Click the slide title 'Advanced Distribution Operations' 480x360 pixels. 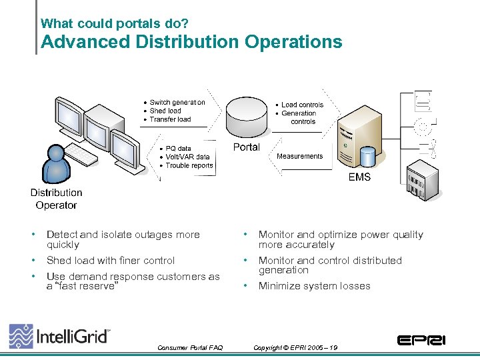click(x=191, y=42)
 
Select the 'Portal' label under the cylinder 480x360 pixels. click(x=246, y=147)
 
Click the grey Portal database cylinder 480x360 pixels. click(x=248, y=117)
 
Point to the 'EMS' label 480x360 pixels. click(x=359, y=177)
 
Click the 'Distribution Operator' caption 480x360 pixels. click(x=56, y=199)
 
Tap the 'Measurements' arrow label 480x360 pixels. click(x=299, y=156)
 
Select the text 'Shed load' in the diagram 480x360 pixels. click(x=165, y=111)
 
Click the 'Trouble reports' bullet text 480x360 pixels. click(x=189, y=165)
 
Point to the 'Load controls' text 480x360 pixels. click(x=302, y=105)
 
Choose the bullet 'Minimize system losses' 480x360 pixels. click(x=314, y=286)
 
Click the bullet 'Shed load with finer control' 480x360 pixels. click(x=111, y=261)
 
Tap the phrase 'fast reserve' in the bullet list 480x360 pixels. click(x=85, y=286)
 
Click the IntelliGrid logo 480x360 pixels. click(x=60, y=336)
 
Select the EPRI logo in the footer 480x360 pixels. click(x=421, y=340)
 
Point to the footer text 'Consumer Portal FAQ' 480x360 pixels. click(x=190, y=347)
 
